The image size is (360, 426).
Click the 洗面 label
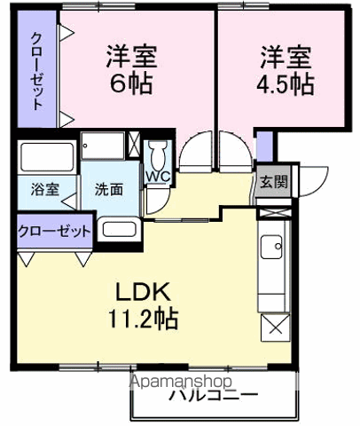tap(109, 188)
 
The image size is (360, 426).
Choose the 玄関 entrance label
tap(272, 183)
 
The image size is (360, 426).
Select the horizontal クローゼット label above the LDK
tap(54, 232)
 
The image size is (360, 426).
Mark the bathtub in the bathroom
tap(47, 158)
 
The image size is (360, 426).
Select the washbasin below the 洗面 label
tap(118, 229)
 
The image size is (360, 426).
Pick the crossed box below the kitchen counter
tap(273, 326)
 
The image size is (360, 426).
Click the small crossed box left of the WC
tap(134, 145)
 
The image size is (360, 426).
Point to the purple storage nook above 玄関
tap(263, 146)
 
